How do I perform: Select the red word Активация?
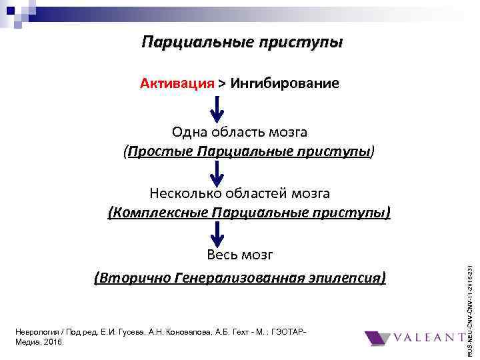click(x=177, y=83)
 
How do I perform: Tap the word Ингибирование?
click(x=285, y=83)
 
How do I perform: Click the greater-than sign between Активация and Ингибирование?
click(x=221, y=83)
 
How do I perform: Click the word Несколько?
click(x=181, y=193)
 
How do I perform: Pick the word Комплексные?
click(x=159, y=213)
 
